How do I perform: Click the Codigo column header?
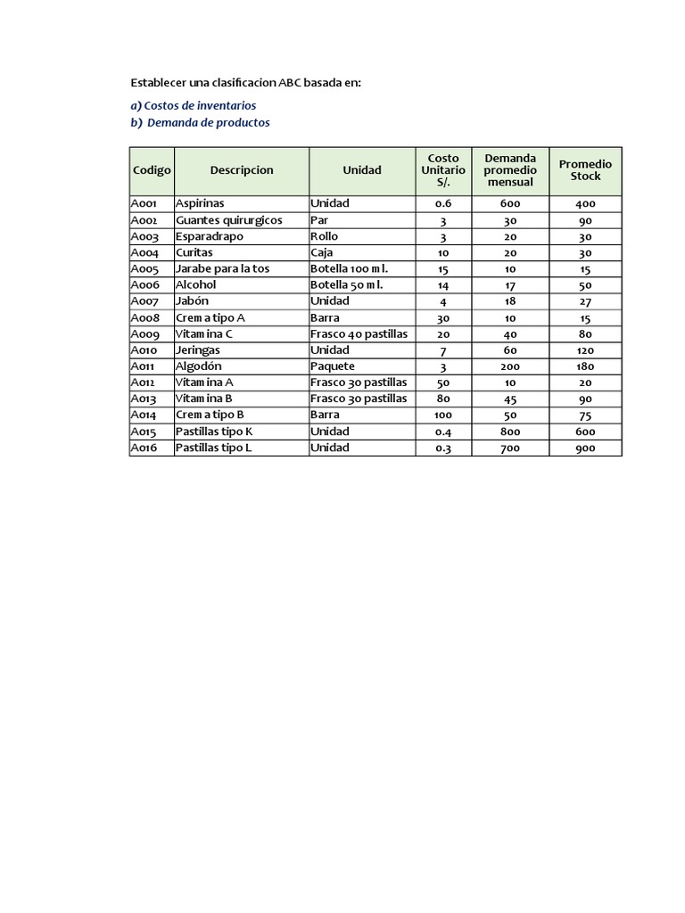(x=152, y=170)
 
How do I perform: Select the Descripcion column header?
(x=242, y=170)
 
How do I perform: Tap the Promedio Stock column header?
(x=585, y=170)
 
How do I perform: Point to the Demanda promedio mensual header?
(x=510, y=170)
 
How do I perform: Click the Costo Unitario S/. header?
(x=443, y=170)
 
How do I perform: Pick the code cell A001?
(x=144, y=203)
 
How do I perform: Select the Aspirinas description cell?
(x=200, y=203)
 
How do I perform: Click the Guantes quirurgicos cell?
(x=228, y=220)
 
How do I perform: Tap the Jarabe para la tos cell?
(x=222, y=268)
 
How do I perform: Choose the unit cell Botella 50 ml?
(x=346, y=285)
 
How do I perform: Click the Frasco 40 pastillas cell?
(x=359, y=333)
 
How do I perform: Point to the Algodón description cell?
(x=198, y=366)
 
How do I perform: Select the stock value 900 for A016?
(x=585, y=448)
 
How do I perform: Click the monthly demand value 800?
(x=510, y=432)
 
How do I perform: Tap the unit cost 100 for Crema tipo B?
(x=443, y=415)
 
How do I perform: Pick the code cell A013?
(x=144, y=399)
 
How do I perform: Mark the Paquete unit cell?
(x=333, y=366)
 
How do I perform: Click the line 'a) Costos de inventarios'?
(x=194, y=105)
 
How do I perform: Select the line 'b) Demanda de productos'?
(x=200, y=123)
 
